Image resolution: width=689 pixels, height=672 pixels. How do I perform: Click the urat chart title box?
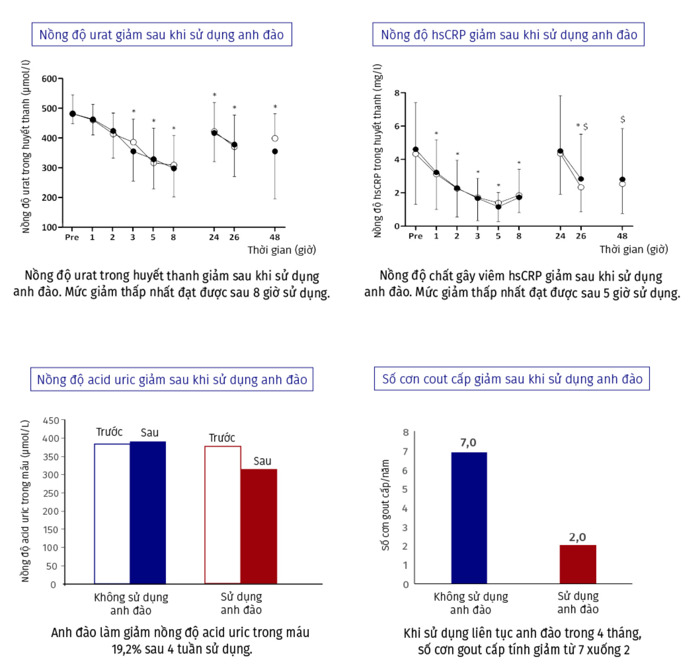[x=162, y=35]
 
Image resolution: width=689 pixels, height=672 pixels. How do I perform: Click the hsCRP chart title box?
[x=508, y=35]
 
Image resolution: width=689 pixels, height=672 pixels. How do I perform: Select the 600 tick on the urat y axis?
[x=50, y=79]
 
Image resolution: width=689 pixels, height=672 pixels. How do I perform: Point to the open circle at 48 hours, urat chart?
[x=275, y=138]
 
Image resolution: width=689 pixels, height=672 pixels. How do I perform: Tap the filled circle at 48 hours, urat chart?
[x=275, y=152]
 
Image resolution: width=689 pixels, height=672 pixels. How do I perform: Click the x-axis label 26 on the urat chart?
[x=234, y=237]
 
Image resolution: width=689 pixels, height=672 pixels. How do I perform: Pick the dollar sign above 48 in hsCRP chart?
[x=622, y=119]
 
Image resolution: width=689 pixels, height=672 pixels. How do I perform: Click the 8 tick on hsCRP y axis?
[x=397, y=93]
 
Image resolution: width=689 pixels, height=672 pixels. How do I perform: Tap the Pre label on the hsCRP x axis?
[x=416, y=236]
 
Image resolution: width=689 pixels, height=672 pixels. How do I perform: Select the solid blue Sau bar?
[x=148, y=512]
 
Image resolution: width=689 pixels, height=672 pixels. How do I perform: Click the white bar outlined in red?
[x=223, y=515]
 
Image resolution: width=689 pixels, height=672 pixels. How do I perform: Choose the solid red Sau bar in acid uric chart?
[x=259, y=526]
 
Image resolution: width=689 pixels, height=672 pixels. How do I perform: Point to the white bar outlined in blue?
[x=112, y=514]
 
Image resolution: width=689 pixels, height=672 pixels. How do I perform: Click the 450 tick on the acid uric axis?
[x=51, y=421]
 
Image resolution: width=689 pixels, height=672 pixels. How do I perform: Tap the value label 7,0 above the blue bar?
[x=468, y=443]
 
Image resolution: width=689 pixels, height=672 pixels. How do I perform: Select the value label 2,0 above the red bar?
[x=577, y=537]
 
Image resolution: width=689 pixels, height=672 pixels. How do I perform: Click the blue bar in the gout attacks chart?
[x=469, y=518]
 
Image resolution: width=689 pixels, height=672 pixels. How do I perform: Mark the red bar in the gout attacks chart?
[x=578, y=564]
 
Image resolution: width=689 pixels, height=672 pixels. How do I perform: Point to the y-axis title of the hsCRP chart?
[x=378, y=151]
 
